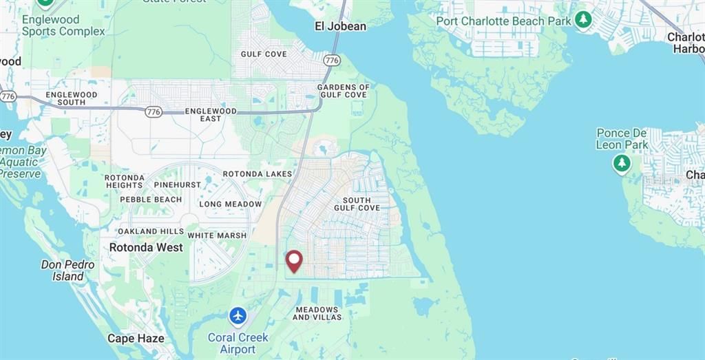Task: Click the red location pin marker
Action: [x=294, y=261]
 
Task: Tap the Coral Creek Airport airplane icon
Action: [x=238, y=316]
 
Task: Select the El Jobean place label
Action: [x=340, y=26]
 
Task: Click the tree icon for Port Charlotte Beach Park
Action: [x=583, y=19]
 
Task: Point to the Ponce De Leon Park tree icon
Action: [x=622, y=163]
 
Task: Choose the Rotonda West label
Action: [x=146, y=247]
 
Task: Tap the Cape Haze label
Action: [x=136, y=338]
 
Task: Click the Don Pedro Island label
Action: [x=67, y=271]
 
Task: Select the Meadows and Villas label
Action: [x=317, y=313]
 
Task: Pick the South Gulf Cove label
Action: [x=357, y=204]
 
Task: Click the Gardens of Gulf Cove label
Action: [x=343, y=91]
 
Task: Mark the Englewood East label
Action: [x=211, y=114]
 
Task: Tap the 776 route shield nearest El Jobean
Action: [x=332, y=61]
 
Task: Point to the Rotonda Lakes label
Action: [x=257, y=173]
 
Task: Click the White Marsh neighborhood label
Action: [x=217, y=235]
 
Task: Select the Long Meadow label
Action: [x=230, y=204]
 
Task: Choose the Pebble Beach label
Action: [x=151, y=200]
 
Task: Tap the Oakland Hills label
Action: [x=151, y=231]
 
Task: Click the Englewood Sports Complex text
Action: [x=63, y=25]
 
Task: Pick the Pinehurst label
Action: [x=178, y=184]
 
